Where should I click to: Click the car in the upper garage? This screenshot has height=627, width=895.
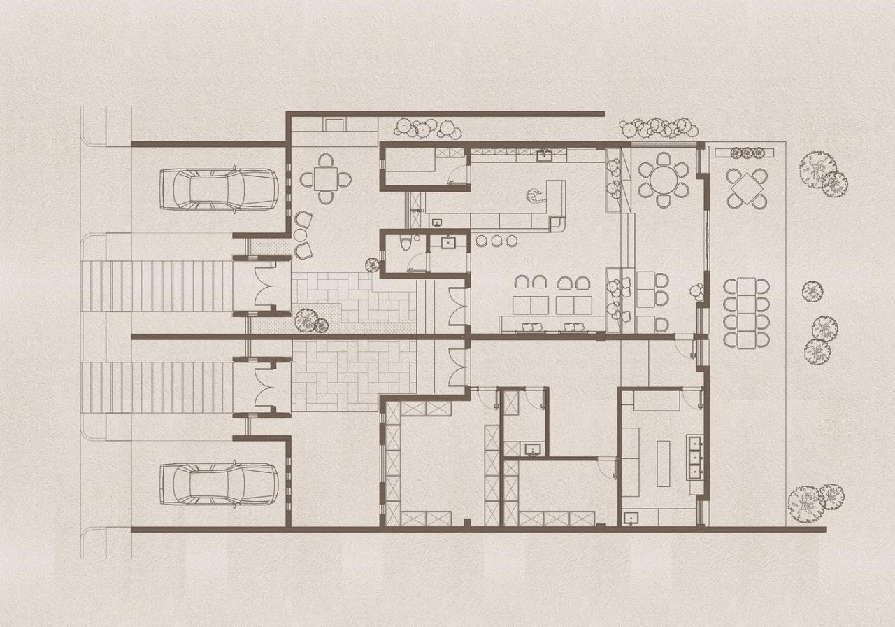[219, 189]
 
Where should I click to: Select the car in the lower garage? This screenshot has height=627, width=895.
[219, 484]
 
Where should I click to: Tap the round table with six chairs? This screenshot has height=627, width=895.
[663, 180]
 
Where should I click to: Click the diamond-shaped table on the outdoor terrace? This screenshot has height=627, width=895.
[746, 188]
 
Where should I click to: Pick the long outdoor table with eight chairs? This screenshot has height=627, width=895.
[746, 312]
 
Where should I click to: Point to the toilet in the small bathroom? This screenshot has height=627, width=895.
[405, 243]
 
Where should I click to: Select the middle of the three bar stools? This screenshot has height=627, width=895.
[496, 241]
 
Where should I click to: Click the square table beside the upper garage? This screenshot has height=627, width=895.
[325, 180]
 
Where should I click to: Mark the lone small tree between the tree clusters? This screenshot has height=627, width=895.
[812, 291]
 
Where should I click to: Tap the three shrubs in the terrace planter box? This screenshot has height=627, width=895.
[747, 152]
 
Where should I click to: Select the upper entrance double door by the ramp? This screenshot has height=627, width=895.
[271, 286]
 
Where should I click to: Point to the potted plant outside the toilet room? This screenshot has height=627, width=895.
[373, 265]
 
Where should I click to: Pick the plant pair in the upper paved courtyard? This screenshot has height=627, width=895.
[310, 321]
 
